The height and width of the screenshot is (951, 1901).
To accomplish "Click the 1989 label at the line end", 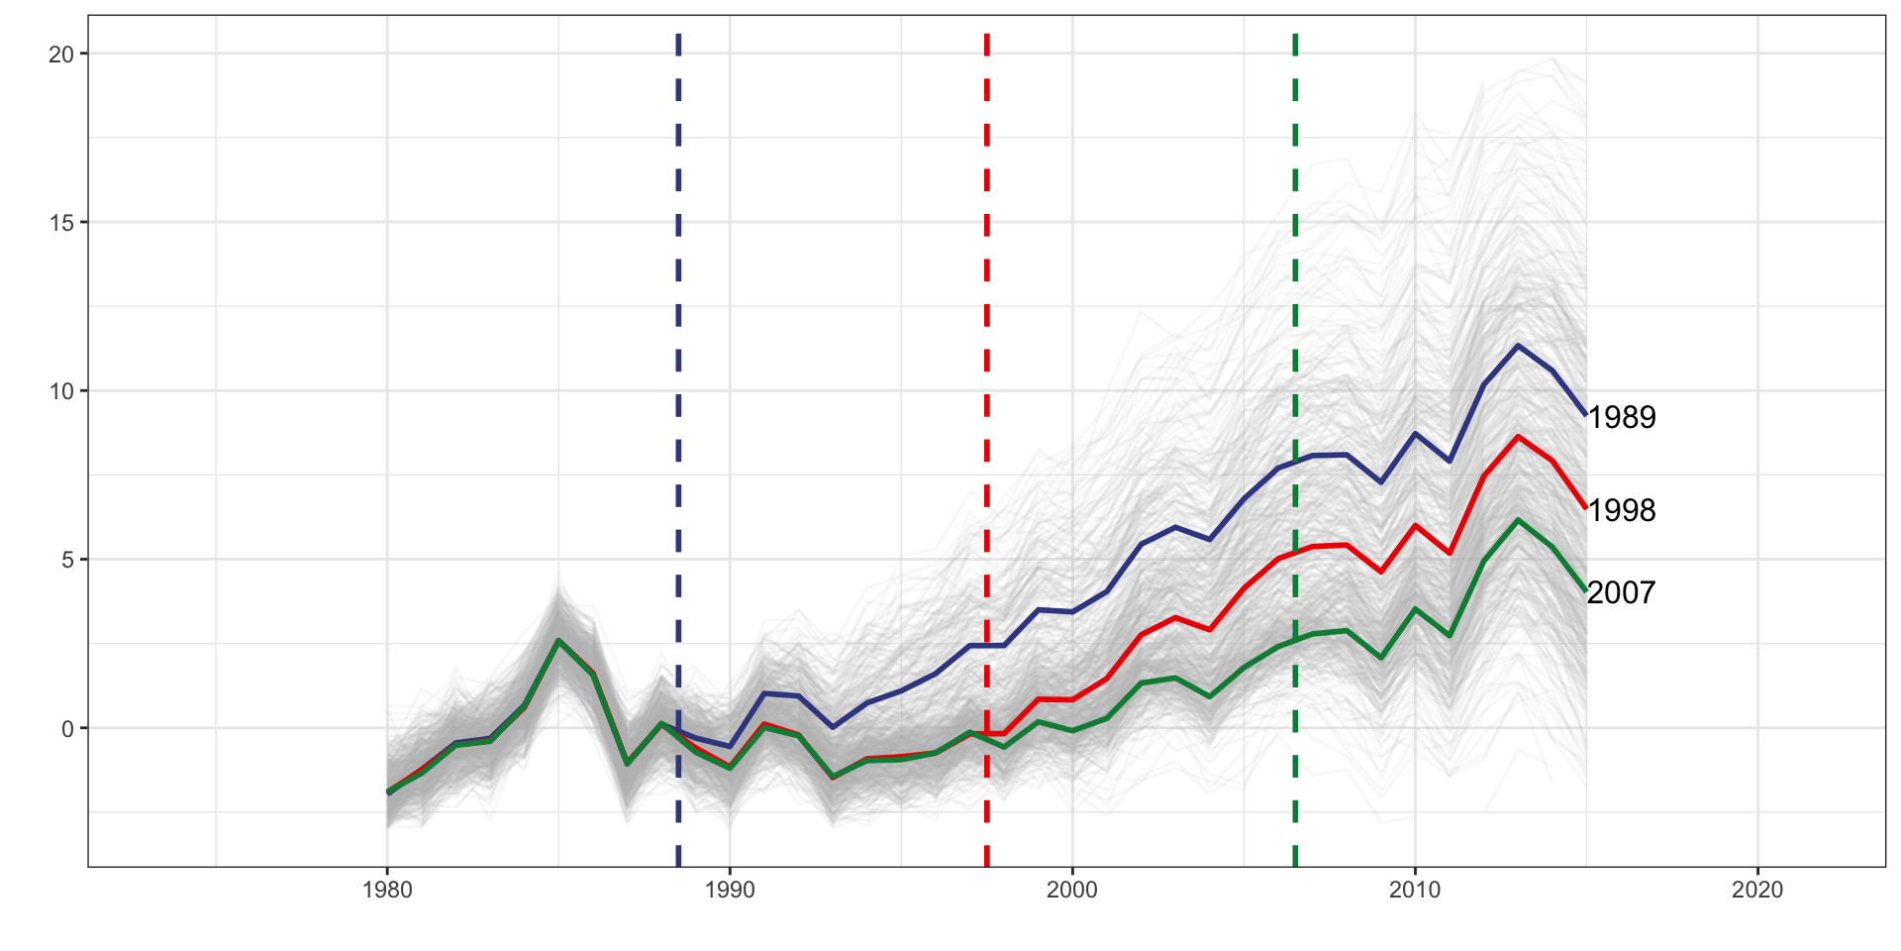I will point(1622,417).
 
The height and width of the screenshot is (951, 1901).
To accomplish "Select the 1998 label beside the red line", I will point(1622,510).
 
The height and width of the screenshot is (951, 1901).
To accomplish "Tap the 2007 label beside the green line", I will point(1621,592).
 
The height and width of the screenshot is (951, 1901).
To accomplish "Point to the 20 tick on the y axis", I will point(61,54).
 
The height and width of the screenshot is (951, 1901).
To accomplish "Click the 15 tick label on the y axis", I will point(61,223).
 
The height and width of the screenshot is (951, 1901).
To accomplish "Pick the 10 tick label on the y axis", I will point(61,391).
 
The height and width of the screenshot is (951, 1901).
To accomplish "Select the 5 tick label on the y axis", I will point(67,560).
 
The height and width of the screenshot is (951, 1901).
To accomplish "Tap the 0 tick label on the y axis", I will point(67,729).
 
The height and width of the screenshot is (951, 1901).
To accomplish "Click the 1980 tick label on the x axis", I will point(387,890).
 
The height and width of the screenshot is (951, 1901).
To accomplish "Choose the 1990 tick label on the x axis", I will point(730,890).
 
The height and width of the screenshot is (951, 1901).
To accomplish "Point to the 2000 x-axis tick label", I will point(1072,890).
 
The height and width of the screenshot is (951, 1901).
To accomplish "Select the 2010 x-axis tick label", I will point(1415,890).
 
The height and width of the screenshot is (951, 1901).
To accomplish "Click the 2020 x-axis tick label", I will point(1757,890).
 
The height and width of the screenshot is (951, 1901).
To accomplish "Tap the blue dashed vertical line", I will point(678,297).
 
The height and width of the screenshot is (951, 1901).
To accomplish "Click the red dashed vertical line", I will point(987,297).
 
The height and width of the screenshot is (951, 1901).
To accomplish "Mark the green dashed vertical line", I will point(1295,297).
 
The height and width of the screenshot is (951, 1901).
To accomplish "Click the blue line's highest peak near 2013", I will point(1518,346).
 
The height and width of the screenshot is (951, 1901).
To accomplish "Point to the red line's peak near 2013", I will point(1518,437).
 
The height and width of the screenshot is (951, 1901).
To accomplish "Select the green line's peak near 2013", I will point(1518,520).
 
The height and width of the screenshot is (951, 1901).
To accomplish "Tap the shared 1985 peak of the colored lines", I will point(558,641).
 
